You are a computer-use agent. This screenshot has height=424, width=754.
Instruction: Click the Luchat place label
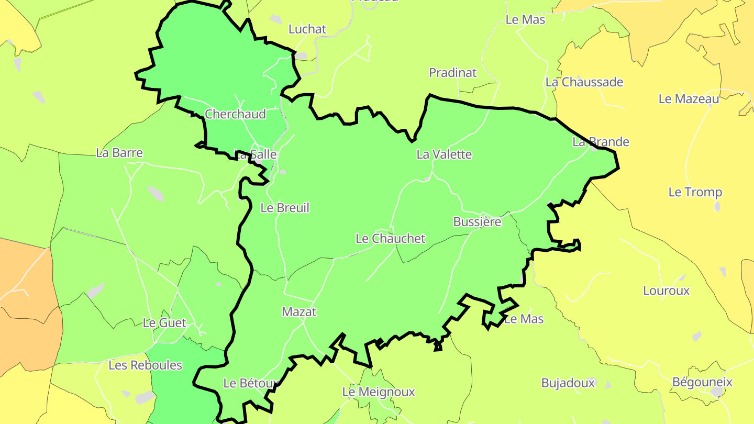307,29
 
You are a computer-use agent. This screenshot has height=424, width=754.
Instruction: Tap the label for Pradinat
453,73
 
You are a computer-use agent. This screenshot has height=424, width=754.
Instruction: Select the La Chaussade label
584,82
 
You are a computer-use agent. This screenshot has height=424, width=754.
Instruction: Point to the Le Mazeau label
689,99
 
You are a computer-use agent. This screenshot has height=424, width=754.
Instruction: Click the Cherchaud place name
235,114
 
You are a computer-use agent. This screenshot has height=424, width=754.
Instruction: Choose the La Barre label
119,153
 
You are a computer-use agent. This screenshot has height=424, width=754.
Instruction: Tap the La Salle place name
255,155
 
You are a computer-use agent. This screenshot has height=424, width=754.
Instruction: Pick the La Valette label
444,154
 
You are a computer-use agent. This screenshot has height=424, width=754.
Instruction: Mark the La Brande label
601,142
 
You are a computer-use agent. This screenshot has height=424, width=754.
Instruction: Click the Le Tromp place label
695,192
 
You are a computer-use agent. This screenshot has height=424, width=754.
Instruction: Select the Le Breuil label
285,208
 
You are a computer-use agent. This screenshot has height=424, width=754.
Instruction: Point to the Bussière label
477,222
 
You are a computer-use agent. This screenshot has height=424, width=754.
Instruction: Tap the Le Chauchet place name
391,239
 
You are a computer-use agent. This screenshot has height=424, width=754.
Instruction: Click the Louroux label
666,291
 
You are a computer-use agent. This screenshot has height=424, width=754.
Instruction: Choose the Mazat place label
300,312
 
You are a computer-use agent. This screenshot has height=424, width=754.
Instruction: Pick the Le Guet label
164,323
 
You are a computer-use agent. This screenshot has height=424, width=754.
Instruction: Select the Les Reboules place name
145,365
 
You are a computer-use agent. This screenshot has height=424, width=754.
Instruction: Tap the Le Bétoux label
249,383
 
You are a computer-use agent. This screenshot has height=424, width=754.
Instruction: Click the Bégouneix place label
702,382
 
